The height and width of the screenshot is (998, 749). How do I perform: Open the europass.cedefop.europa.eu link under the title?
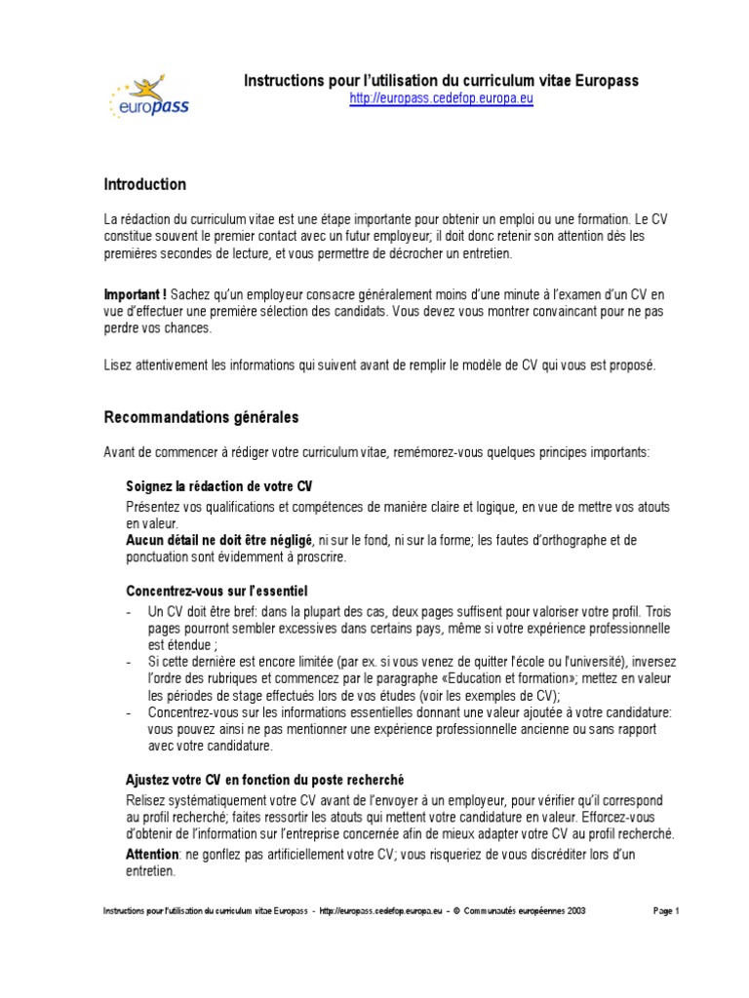(x=441, y=98)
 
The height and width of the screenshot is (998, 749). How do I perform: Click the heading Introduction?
(x=145, y=184)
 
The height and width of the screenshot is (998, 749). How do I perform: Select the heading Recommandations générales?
(x=201, y=417)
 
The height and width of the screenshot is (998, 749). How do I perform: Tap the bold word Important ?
(x=136, y=295)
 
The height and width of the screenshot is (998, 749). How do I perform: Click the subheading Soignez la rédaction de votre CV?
(x=219, y=486)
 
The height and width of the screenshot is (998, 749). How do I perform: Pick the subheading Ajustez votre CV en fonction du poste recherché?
(x=265, y=781)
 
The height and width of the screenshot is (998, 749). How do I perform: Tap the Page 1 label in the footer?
(x=665, y=910)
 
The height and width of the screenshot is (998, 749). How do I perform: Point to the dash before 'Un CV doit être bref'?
(x=130, y=611)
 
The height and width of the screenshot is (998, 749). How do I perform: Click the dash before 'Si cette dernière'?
(x=130, y=662)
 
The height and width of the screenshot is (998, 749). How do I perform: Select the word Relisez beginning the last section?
(x=144, y=800)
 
